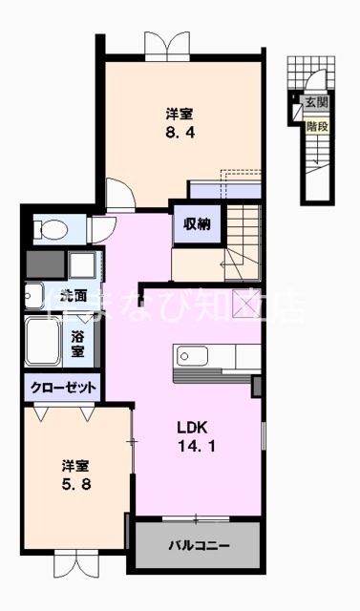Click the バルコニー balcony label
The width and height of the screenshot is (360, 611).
tap(200, 545)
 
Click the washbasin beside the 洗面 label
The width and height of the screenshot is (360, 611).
tap(32, 295)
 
